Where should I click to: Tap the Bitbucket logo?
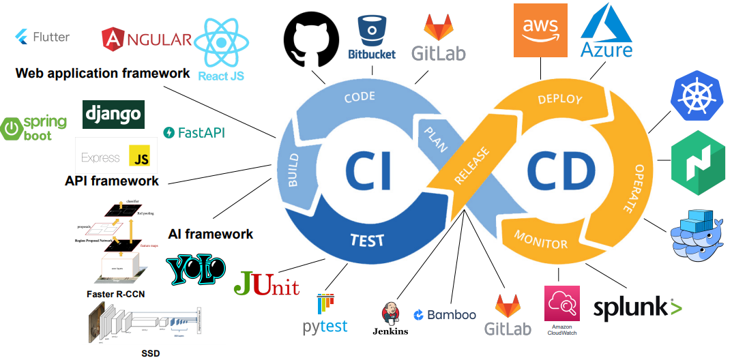[x=372, y=37]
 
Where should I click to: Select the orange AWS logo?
[x=540, y=30]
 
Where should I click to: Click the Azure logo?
[x=606, y=30]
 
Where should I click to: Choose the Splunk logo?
[x=637, y=308]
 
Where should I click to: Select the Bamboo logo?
[x=445, y=315]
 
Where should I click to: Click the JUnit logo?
[x=266, y=284]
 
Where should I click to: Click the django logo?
[x=113, y=115]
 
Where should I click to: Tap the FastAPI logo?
[x=194, y=132]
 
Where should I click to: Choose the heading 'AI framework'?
[x=210, y=234]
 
